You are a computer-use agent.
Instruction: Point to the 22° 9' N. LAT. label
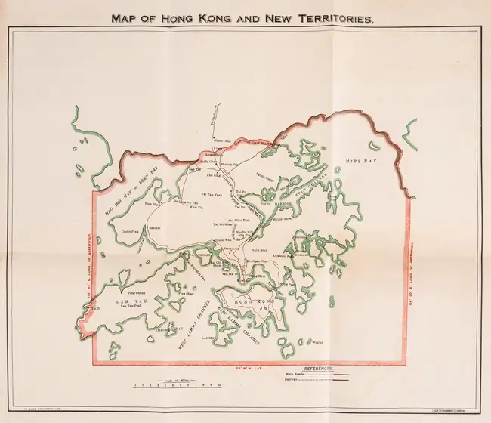(x=249, y=368)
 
